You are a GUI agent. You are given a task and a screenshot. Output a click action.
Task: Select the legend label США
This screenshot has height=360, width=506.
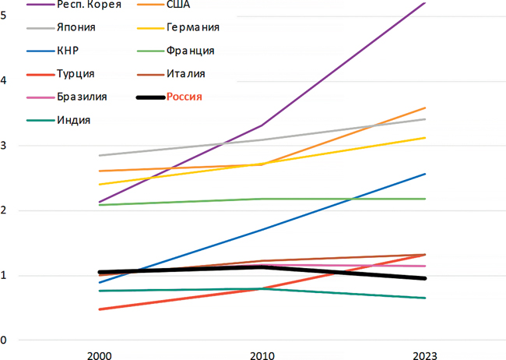coord(179,5)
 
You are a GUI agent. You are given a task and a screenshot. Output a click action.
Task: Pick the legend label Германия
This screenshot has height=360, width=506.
coord(192,27)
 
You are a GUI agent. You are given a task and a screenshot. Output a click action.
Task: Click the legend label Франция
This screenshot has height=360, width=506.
coord(190,51)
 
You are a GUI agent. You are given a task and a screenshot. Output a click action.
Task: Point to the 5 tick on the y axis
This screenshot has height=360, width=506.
coord(5,15)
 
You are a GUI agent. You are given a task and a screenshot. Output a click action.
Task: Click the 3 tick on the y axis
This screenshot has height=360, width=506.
coord(5,145)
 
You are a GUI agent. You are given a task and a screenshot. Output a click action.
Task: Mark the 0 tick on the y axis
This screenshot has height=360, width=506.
coord(5,341)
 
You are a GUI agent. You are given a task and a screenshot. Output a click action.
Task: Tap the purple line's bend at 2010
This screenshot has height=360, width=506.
coord(262,125)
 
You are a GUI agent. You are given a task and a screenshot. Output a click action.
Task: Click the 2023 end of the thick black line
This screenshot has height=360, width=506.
coord(425,278)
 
